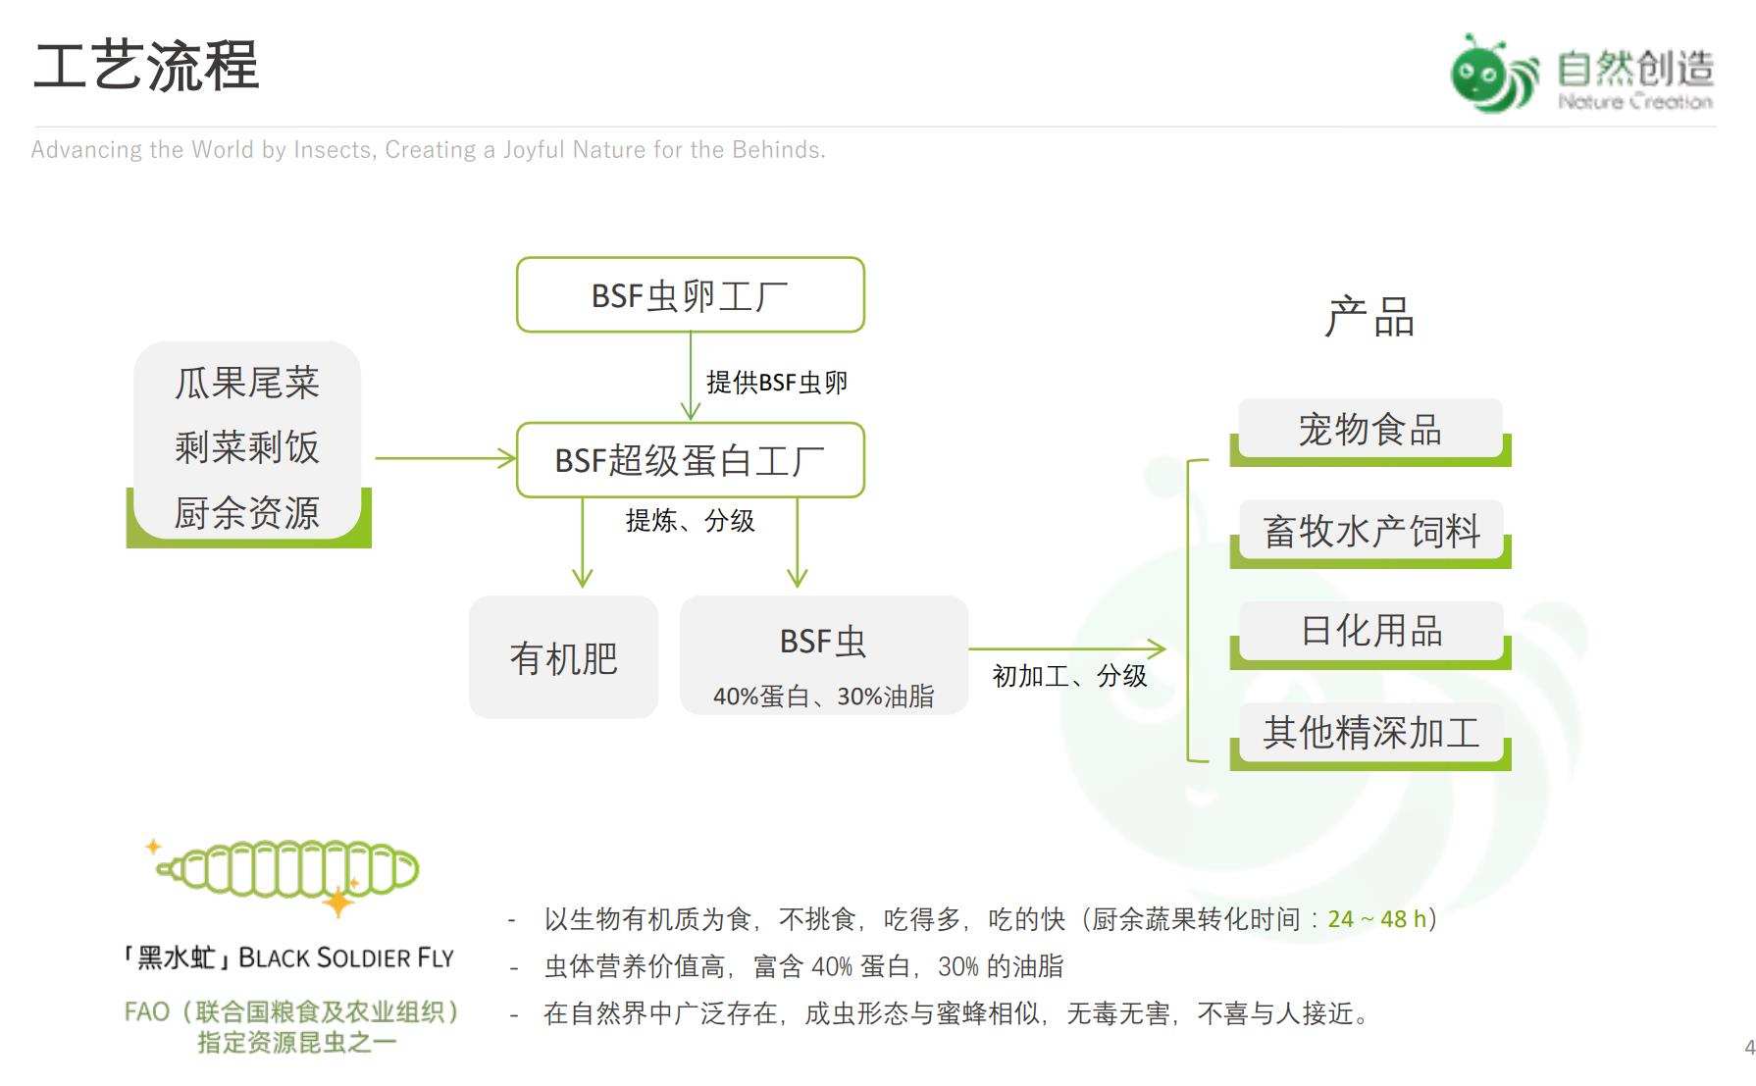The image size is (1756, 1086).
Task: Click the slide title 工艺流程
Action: pos(146,66)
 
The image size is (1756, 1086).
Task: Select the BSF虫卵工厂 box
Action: pos(690,295)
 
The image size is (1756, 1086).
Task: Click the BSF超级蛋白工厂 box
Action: pos(690,460)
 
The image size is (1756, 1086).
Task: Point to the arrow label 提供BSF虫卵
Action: pos(776,382)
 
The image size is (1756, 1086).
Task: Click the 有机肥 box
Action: pos(563,657)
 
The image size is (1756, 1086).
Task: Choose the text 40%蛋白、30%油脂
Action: pos(823,697)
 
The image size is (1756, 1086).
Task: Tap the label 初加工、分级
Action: pos(1069,676)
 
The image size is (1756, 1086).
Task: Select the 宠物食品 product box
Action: pos(1369,430)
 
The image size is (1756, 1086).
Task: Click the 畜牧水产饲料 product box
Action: pos(1369,532)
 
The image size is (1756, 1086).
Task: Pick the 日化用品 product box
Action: pos(1369,631)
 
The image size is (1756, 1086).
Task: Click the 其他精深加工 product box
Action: pos(1369,733)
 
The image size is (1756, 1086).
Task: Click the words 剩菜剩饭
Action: pos(247,447)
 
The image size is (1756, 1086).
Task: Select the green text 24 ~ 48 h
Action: pos(1376,919)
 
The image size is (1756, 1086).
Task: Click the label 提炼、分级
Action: pos(690,520)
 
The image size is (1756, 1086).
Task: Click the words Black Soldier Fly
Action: pos(346,957)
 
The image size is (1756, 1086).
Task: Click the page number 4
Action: pos(1748,1048)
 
